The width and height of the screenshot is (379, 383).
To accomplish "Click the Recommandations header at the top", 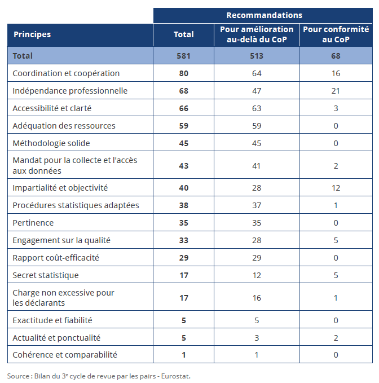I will click(264, 15).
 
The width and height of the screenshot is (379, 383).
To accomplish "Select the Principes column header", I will click(32, 34).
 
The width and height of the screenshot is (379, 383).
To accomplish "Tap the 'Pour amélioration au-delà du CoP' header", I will click(257, 34).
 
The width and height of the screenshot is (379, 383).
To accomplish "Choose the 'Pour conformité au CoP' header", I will click(336, 34).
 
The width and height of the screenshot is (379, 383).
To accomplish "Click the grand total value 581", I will click(183, 56).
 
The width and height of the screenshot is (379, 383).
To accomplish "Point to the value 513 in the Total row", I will click(257, 56).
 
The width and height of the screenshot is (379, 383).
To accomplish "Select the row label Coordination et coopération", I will click(66, 73).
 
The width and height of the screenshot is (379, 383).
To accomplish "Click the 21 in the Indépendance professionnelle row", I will click(336, 91).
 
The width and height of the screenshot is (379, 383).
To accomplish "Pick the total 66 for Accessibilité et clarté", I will click(183, 108).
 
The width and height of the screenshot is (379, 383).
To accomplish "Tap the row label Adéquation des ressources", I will click(64, 126).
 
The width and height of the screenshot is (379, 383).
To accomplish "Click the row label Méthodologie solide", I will click(51, 143).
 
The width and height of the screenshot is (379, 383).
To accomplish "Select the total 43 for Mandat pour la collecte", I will click(183, 166).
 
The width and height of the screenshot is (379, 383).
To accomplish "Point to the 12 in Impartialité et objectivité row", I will click(336, 188).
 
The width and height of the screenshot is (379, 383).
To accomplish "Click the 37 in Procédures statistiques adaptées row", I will click(257, 205).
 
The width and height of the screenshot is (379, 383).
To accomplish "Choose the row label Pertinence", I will click(33, 223).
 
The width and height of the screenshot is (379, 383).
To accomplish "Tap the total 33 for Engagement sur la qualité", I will click(183, 240).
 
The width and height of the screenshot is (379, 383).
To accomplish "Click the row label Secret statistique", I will click(46, 275).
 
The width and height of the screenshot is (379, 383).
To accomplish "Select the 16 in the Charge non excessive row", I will click(257, 298).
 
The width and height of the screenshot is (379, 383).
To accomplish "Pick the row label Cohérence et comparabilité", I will click(65, 355).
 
